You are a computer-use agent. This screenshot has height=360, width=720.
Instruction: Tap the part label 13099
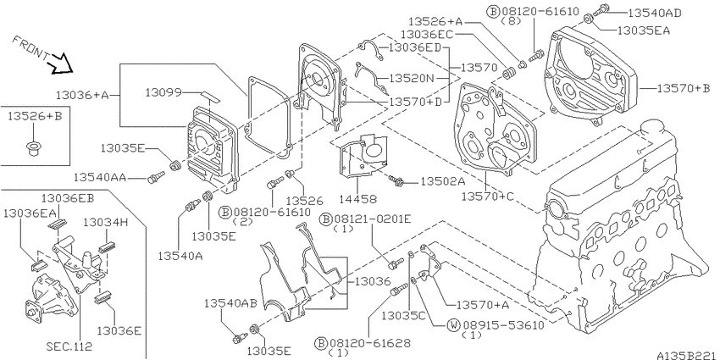[x=163, y=93]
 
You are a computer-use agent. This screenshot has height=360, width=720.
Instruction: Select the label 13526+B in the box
[x=35, y=117]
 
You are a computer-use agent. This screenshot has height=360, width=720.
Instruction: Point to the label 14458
[x=358, y=199]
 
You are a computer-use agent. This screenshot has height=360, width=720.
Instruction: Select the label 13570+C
[x=488, y=197]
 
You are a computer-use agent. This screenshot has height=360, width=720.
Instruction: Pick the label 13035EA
[x=644, y=30]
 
